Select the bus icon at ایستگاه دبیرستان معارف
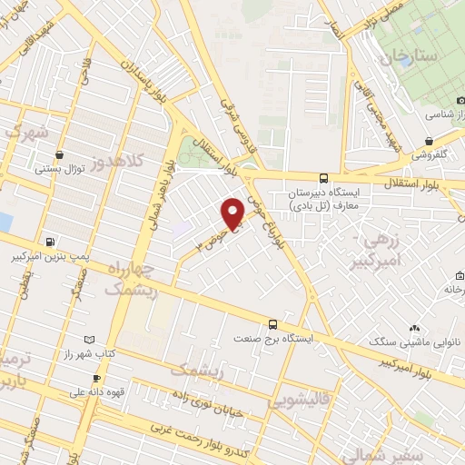point(324,178)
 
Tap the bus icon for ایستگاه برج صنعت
point(272,323)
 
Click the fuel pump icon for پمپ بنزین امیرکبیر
point(50,241)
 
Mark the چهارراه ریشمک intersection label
point(132,281)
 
